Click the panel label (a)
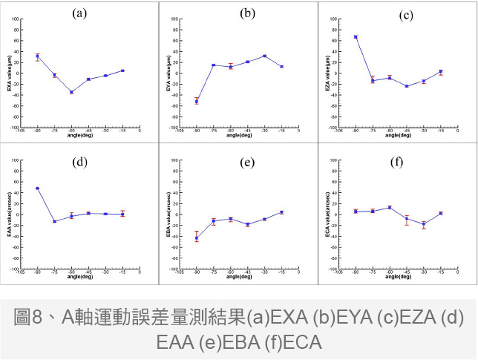click(81, 13)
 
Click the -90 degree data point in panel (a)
click(37, 56)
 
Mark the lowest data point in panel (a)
click(71, 92)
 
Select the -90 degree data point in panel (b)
click(197, 100)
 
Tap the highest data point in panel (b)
click(264, 56)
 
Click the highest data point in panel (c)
click(356, 36)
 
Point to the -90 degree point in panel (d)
click(37, 189)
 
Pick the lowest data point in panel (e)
click(197, 238)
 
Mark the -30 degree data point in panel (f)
click(423, 224)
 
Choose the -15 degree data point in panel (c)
click(441, 72)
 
